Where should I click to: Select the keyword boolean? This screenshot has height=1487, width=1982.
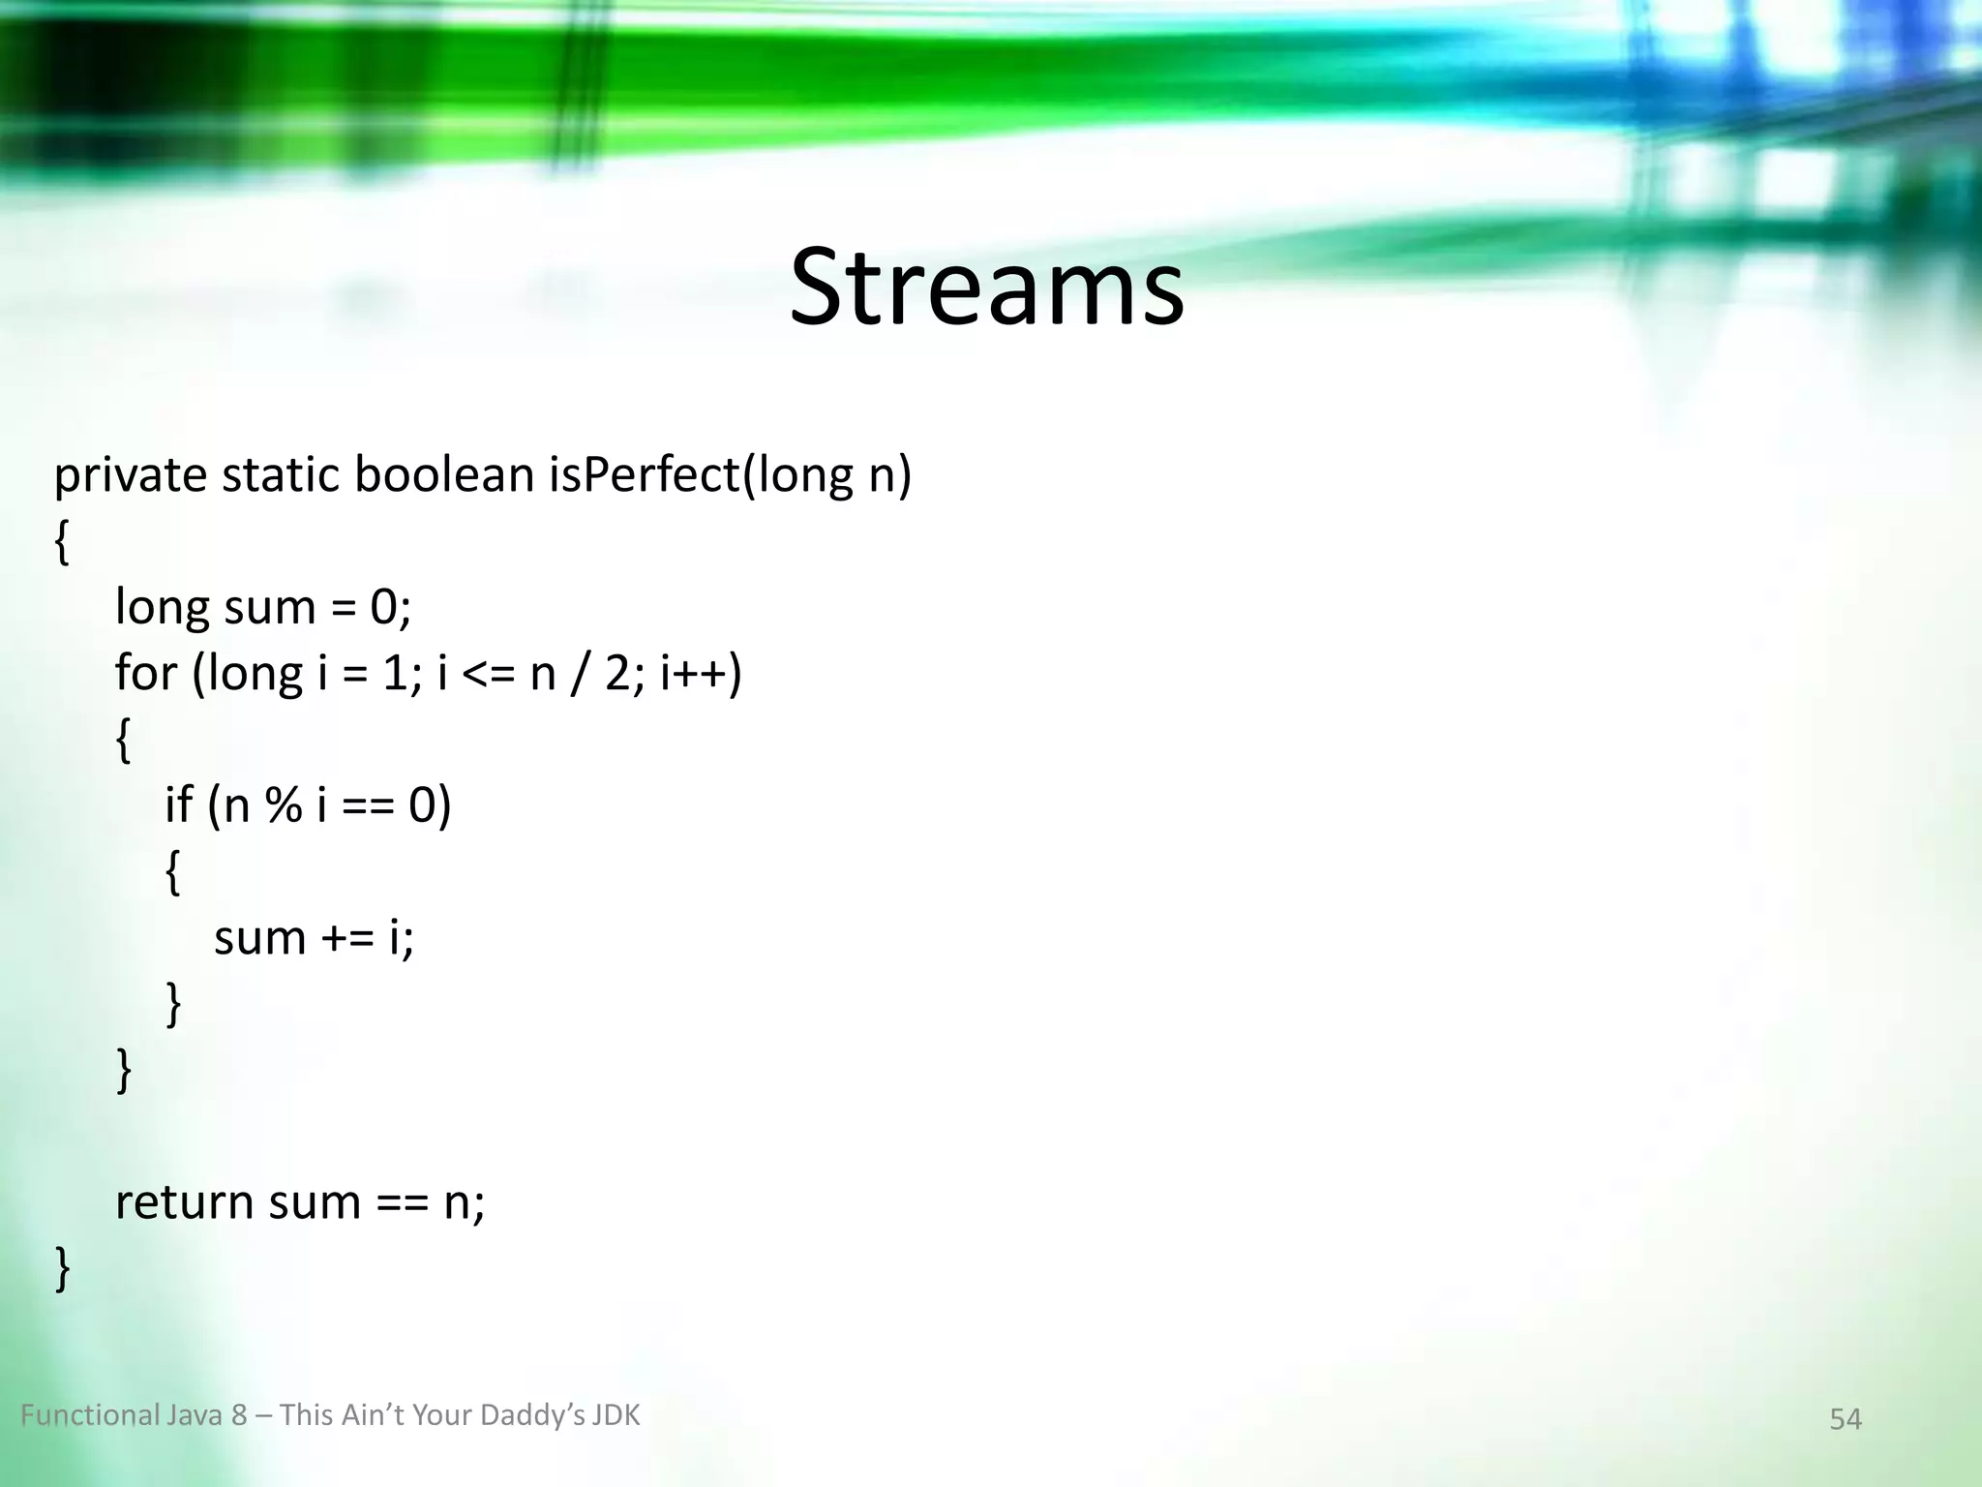point(444,474)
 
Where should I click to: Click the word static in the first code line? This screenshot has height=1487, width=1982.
point(280,474)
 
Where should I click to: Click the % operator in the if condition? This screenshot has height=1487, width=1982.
point(283,805)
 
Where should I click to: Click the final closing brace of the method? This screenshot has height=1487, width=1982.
point(62,1268)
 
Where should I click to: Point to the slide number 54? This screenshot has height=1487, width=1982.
point(1845,1419)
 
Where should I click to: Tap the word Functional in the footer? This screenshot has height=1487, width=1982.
point(90,1415)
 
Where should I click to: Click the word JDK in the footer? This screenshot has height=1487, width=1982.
point(616,1415)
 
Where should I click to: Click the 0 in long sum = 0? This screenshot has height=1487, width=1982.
point(383,608)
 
